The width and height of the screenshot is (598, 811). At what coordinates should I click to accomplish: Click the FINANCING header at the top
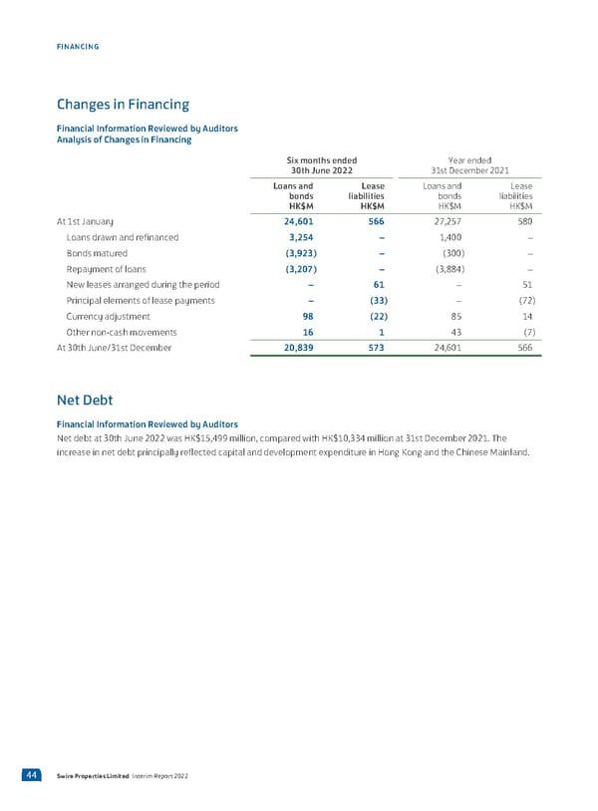78,47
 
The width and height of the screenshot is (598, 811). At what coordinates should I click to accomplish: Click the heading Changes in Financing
122,104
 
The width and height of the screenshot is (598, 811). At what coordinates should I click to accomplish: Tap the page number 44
34,775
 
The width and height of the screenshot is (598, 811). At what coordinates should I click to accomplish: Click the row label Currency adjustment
109,316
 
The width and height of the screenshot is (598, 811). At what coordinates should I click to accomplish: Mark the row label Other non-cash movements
122,332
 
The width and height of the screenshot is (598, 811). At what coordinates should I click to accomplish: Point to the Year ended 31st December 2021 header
471,165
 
